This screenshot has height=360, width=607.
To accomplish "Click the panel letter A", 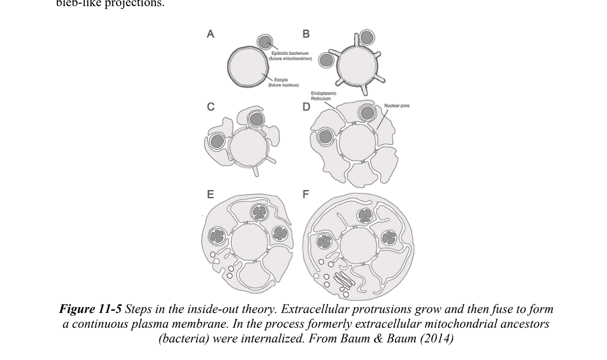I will click(210, 34).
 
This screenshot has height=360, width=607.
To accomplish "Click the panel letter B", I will click(306, 34).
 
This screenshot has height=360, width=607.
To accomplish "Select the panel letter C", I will click(211, 107).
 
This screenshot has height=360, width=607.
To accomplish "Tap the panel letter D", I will click(306, 107).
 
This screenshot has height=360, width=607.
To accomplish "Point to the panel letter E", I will click(210, 194).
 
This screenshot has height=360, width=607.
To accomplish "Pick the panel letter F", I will click(306, 194).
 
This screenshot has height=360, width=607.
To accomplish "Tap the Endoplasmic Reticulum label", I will click(324, 96).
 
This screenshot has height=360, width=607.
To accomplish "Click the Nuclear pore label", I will click(397, 106).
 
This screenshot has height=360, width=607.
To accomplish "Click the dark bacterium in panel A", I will click(265, 42).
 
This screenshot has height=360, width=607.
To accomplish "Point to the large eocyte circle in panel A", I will click(248, 67).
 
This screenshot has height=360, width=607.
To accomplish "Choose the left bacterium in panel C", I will click(216, 142).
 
